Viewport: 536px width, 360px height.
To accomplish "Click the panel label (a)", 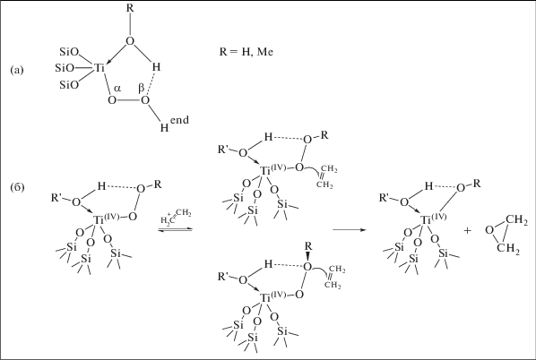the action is tap(17, 70).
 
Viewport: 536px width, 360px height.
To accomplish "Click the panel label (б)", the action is tap(17, 187).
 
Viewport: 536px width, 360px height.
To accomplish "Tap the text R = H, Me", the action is tap(246, 52).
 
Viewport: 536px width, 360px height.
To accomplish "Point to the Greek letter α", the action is tap(117, 89).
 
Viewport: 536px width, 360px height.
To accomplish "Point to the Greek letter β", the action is tap(142, 89).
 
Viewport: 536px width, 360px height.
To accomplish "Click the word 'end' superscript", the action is tap(179, 120).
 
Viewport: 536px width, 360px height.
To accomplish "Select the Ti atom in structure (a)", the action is tap(99, 68).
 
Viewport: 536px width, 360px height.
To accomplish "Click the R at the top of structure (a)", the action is tap(130, 8).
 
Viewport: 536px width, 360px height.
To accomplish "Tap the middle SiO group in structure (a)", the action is tap(65, 68).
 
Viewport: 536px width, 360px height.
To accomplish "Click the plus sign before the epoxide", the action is tap(467, 231).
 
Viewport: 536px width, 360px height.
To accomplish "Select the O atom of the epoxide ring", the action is tap(489, 231).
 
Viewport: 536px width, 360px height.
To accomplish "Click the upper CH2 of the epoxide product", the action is tap(516, 220).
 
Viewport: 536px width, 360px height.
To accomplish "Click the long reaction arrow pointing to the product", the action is tap(349, 229).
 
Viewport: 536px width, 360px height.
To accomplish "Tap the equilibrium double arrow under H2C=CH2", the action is tap(175, 230).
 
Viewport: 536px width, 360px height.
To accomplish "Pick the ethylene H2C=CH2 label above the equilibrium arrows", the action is tap(176, 218).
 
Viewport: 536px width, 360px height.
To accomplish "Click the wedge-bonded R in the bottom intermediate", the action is tap(308, 246).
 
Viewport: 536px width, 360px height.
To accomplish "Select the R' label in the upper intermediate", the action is tap(223, 150).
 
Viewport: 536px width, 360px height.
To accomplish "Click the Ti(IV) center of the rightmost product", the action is tap(434, 219).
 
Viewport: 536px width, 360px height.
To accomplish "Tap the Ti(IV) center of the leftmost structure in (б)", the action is tap(107, 219).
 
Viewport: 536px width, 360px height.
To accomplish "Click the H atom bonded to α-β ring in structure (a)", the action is tap(156, 67).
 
